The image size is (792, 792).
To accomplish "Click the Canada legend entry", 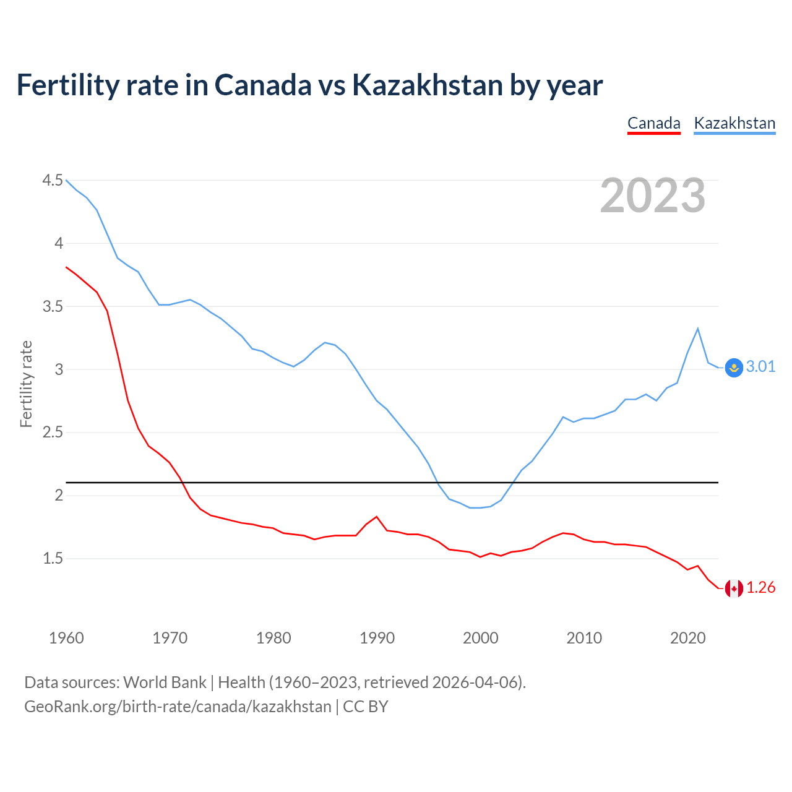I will coord(653,123).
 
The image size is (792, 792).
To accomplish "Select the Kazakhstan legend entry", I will coord(734,123).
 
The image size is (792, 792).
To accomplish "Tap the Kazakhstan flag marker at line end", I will coord(734,368).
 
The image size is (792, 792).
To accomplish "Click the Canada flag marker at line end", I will coord(734,588).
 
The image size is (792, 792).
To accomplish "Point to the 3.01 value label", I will coord(760,367).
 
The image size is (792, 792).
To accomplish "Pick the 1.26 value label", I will coord(760,588).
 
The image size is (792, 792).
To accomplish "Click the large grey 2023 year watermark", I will coord(653,196).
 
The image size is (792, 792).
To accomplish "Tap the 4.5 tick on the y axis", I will coord(53,181).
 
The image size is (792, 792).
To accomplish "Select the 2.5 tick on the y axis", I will coord(53,433).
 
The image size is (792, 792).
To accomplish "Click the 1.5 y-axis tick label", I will coord(53,559).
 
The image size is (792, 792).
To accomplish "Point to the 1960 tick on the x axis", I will coord(66,638).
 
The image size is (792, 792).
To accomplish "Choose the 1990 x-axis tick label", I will coord(377,638).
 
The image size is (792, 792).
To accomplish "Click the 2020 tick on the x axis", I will coord(687,638).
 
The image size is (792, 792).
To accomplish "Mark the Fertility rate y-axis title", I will coord(26,384).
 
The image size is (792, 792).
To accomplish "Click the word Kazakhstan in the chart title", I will coord(427,85).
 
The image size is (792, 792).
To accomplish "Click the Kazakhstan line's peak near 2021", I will coord(698,329).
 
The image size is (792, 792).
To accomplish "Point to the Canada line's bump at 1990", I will coord(376,517).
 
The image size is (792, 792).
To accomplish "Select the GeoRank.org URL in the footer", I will coord(178,707).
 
